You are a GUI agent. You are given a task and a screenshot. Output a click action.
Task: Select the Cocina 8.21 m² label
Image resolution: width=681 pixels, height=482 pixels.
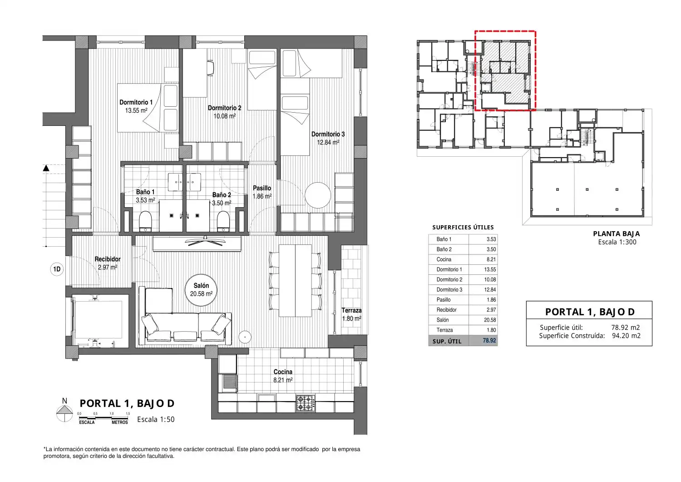tap(283, 376)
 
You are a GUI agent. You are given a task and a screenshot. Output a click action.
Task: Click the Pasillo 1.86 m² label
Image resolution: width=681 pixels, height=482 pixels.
tap(262, 192)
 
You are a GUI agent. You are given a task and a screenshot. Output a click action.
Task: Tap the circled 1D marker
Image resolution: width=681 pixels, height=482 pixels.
tap(57, 269)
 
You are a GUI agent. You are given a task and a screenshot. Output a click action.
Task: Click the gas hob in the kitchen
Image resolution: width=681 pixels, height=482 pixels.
tap(306, 403)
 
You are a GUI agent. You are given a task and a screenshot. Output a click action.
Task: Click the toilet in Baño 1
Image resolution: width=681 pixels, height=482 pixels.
tap(145, 221)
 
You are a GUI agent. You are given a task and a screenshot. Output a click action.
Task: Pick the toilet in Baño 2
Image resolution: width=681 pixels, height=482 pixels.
tap(223, 221)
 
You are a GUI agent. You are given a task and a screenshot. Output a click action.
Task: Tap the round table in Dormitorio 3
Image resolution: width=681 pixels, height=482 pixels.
tap(318, 195)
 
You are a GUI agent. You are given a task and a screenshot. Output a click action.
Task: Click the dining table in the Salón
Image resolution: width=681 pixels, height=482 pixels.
tap(295, 281)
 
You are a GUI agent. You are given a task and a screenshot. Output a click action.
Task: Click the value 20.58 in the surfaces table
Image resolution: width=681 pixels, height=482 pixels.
tap(490, 320)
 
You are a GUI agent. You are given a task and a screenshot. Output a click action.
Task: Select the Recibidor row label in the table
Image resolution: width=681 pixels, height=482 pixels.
tap(447, 310)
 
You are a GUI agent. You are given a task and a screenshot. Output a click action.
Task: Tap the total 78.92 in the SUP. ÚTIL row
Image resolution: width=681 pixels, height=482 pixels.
tap(489, 341)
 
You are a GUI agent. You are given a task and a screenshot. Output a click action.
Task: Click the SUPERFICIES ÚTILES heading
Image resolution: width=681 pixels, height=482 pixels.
tap(463, 227)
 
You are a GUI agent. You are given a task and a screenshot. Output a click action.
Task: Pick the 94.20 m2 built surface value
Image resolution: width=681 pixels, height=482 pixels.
tap(626, 336)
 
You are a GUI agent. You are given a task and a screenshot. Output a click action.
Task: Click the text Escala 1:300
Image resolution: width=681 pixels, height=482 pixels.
tap(617, 242)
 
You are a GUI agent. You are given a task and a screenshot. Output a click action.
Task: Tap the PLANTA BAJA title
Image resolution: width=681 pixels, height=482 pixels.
tap(617, 234)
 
